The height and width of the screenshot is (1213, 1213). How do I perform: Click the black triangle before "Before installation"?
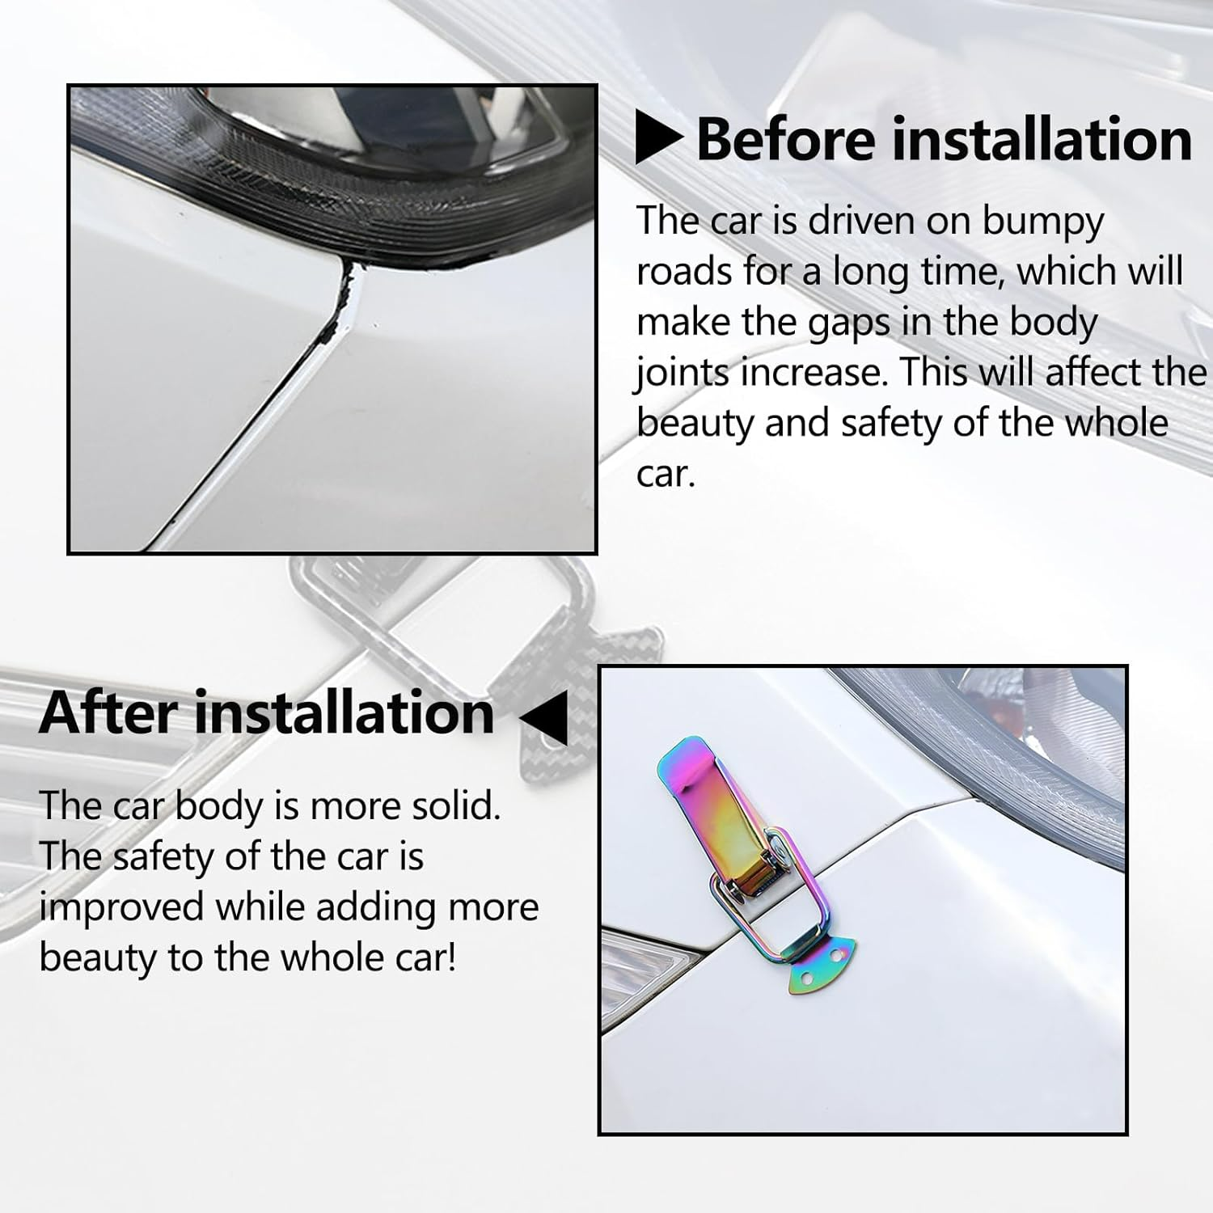tap(658, 139)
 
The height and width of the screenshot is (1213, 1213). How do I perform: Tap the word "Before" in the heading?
tap(785, 139)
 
